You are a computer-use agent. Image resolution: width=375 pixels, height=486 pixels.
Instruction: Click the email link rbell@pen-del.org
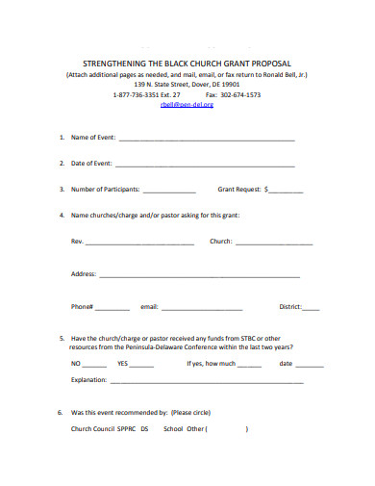(x=187, y=105)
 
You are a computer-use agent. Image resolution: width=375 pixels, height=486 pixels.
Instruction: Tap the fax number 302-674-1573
(x=240, y=94)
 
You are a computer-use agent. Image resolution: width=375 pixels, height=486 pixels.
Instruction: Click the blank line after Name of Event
(x=206, y=141)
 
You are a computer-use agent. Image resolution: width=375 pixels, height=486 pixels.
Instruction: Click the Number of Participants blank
(x=169, y=192)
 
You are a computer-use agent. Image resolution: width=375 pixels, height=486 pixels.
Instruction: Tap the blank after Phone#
(x=112, y=310)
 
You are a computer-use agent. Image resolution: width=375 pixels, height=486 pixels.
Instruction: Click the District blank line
(x=311, y=310)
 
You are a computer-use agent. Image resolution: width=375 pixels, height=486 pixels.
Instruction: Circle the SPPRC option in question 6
(x=127, y=429)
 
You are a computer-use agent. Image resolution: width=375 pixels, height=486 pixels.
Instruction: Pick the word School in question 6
(x=173, y=429)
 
